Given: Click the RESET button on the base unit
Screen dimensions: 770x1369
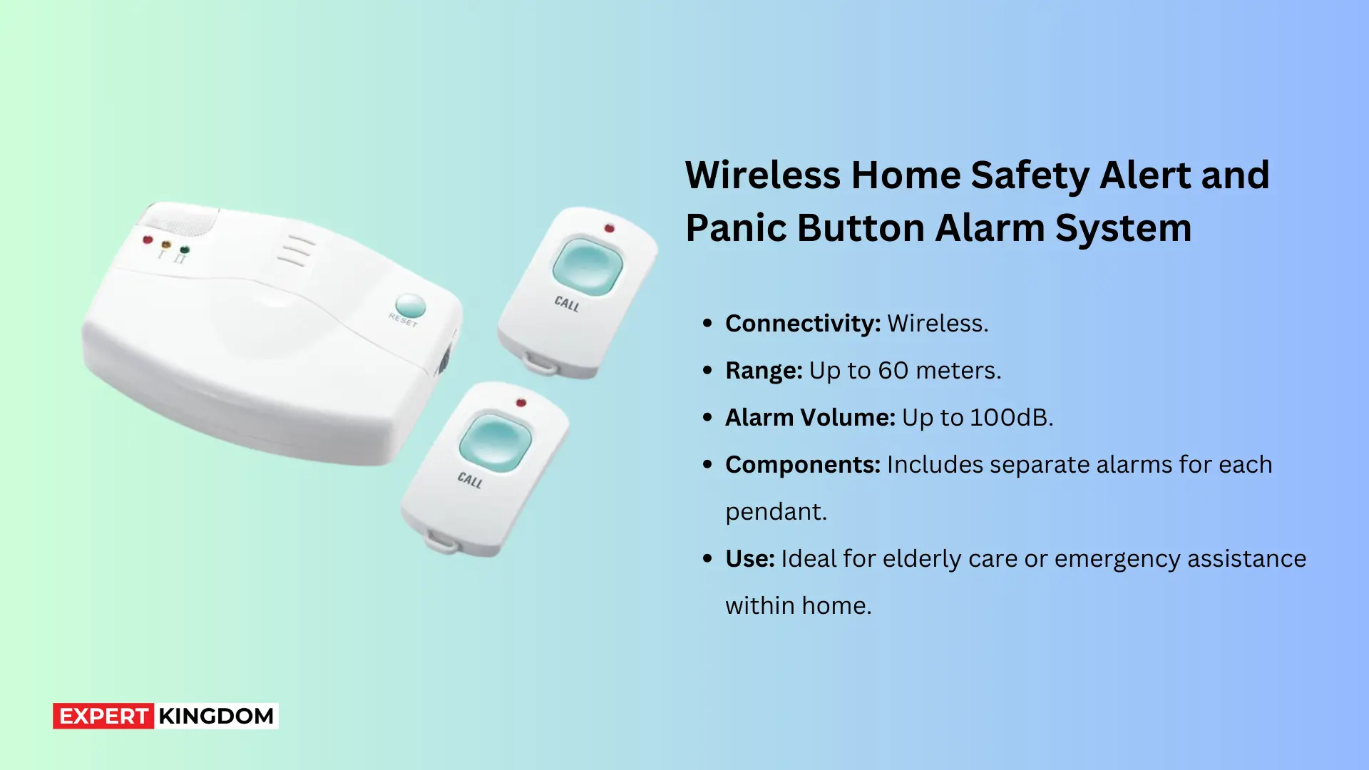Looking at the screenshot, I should point(410,306).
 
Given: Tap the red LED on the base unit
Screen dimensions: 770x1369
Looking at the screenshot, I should point(148,240).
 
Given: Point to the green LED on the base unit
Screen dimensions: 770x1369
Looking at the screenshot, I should point(185,250).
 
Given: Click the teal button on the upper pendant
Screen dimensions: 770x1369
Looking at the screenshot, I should point(587,267).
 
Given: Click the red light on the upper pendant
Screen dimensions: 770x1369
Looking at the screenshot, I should point(609,228).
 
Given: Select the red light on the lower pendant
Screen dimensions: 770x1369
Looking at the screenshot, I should point(521,403).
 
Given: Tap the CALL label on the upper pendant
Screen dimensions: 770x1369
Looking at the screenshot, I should point(567,304).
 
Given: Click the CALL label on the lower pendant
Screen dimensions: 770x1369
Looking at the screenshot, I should point(470,480).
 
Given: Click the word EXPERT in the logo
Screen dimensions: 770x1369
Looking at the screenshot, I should point(103,716).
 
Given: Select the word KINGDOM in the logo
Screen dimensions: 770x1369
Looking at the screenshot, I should point(216,716).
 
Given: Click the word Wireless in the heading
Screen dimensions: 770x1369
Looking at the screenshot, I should point(762,175).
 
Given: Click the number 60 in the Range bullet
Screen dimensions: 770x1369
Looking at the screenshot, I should point(893,371).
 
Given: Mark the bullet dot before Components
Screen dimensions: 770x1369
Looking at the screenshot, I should point(707,465).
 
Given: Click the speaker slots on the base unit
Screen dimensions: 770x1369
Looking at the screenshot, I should point(295,251).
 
